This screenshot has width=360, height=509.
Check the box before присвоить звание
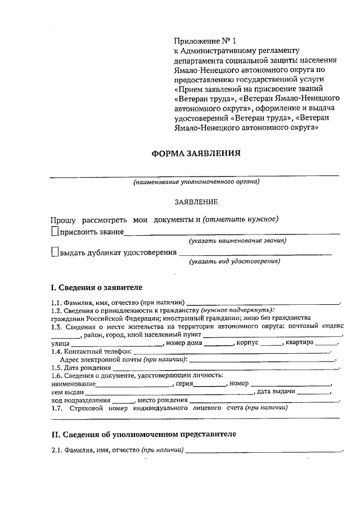coord(54,231)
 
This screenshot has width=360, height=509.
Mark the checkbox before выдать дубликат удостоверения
coord(54,252)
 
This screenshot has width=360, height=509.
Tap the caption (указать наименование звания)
coord(237,241)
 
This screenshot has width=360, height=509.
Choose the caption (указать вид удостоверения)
coord(235,262)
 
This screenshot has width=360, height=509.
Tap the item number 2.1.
coord(56,450)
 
